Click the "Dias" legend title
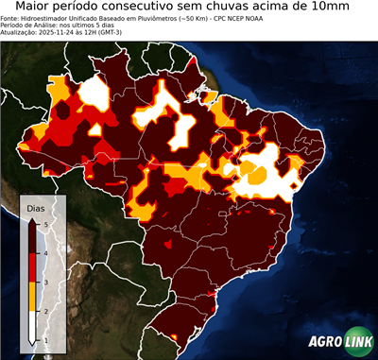34,207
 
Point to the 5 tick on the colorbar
45,223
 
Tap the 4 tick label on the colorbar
45,252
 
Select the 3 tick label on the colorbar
45,282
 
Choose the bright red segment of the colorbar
33,267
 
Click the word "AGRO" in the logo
324,341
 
